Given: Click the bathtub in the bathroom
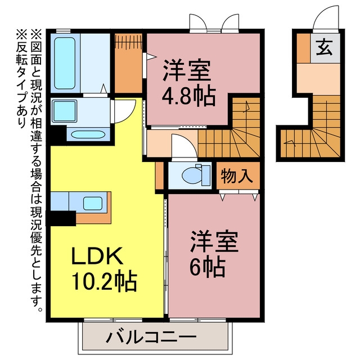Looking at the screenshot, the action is point(65,63).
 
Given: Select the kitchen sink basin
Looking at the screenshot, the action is point(93,204).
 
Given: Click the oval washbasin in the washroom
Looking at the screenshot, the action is point(88,134).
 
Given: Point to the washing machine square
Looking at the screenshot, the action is point(64,111).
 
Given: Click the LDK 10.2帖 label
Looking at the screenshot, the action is point(104,269).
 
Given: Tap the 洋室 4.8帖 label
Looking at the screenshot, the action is point(189,83).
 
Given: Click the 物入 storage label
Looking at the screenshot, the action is point(237,176).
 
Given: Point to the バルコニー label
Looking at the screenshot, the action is point(152,337).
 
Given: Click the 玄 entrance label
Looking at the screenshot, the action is point(325,47).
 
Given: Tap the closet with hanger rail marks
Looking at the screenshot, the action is point(128,63).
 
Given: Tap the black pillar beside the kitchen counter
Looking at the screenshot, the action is point(61,218).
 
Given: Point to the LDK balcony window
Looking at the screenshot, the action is point(113,320).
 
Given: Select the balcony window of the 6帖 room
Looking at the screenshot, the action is point(197,320).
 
